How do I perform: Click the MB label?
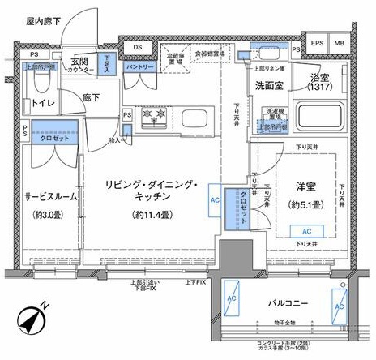click(x=340, y=43)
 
